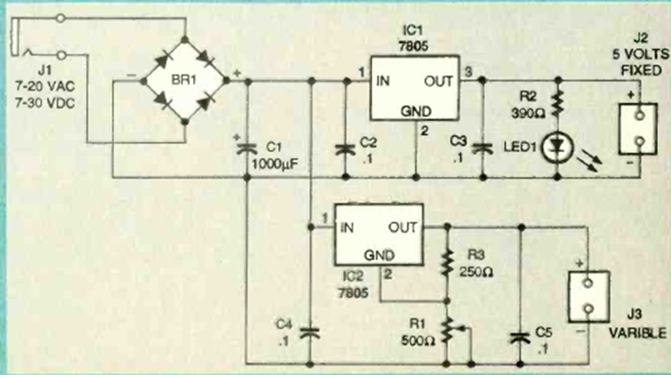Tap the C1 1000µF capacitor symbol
pos(248,146)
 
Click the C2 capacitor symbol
pos(347,148)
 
